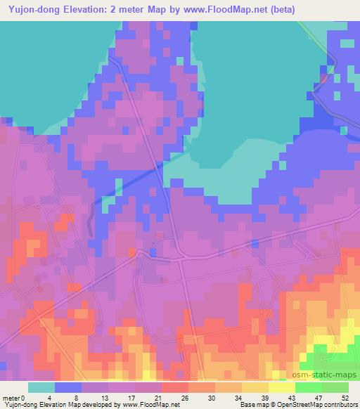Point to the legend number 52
click(x=344, y=398)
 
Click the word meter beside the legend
click(x=10, y=398)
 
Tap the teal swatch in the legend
click(x=41, y=387)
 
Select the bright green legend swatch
click(x=309, y=387)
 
